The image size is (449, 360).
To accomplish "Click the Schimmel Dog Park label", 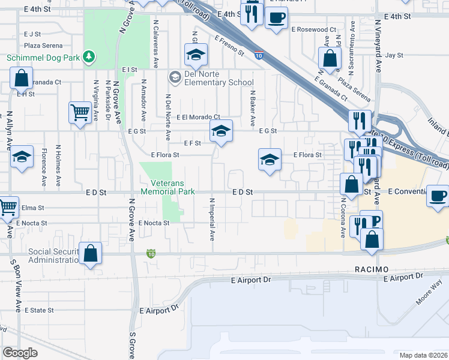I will [43, 58].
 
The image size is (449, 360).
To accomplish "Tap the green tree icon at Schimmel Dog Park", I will [89, 56].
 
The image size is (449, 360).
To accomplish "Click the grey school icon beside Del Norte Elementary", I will [175, 76].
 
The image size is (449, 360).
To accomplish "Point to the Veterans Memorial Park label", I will [168, 187].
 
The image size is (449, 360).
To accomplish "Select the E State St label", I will [39, 310].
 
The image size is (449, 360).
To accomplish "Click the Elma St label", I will [29, 208].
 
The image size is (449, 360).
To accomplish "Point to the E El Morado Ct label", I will [198, 117].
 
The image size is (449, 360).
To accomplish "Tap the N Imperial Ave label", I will [212, 218].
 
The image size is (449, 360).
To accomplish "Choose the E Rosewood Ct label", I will [313, 29].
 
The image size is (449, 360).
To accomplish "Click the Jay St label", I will [394, 55].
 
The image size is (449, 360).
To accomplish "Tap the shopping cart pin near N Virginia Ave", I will [80, 112].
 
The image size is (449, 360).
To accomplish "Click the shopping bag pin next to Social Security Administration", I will [91, 253].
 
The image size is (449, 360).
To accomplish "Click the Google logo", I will [20, 353].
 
